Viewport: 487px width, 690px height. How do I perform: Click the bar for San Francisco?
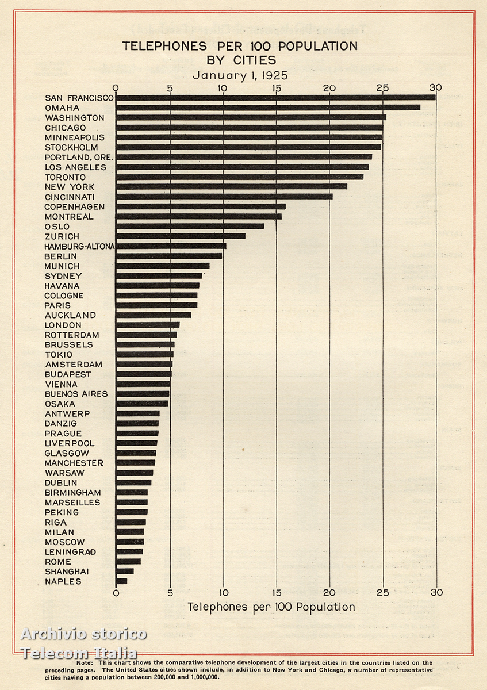[x=276, y=98]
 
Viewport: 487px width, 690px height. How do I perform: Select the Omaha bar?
[x=268, y=108]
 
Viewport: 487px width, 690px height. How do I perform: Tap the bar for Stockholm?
[x=248, y=147]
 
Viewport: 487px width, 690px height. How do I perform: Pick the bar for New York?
[x=232, y=186]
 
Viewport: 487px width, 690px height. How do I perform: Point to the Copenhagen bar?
[x=201, y=206]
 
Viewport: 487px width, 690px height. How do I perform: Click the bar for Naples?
[x=121, y=581]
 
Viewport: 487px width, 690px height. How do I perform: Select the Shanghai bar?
[x=125, y=572]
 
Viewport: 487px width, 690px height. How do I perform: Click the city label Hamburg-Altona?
[x=79, y=246]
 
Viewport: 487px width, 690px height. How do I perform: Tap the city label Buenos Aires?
[x=76, y=394]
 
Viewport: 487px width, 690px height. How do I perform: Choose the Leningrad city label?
[x=70, y=552]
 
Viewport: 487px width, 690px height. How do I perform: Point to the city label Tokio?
[x=59, y=355]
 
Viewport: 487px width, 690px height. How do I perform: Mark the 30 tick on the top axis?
[x=436, y=87]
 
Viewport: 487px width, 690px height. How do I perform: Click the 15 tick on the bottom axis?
[x=277, y=593]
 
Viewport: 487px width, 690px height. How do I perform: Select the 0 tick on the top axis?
[x=116, y=87]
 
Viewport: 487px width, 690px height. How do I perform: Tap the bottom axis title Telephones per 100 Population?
[x=271, y=607]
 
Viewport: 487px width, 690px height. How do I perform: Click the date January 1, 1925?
[x=240, y=75]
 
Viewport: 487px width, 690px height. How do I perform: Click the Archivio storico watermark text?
[x=84, y=634]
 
